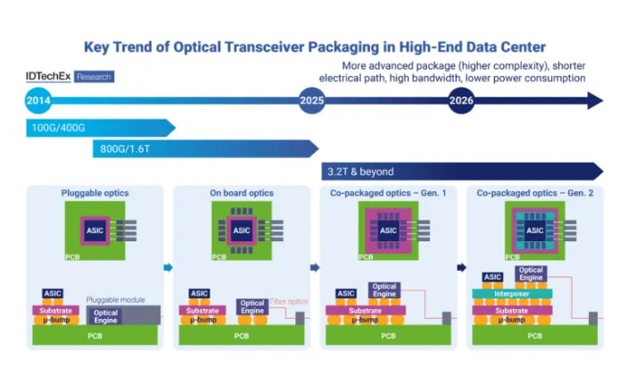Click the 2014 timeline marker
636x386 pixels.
(x=38, y=101)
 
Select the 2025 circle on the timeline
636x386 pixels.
(x=311, y=101)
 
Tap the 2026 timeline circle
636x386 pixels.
(x=461, y=101)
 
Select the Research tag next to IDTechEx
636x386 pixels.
(x=94, y=78)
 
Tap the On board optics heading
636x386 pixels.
(x=241, y=192)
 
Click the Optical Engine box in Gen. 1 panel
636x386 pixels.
(x=384, y=290)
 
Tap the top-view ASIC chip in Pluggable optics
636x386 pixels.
(x=95, y=230)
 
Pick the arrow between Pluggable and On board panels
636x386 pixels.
(x=168, y=266)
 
